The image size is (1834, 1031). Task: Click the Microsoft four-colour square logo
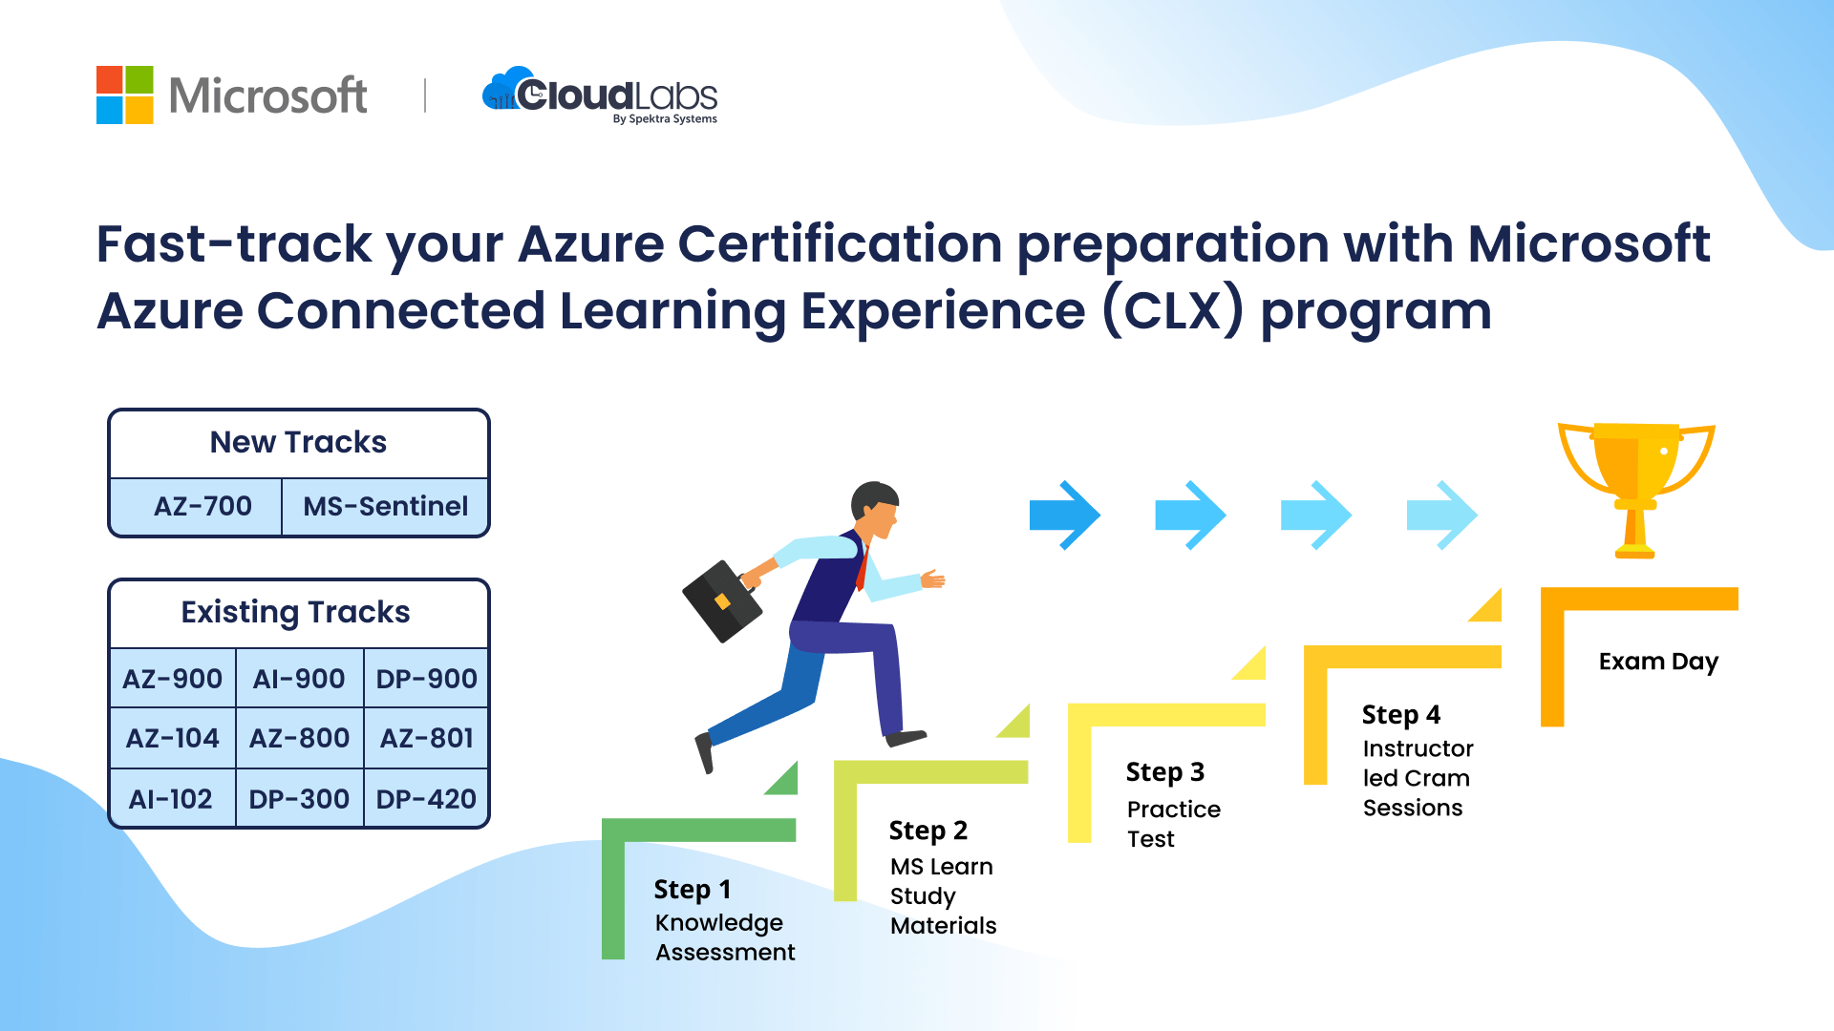(125, 95)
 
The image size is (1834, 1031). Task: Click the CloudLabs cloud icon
(508, 89)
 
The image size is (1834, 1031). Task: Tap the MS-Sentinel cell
(386, 506)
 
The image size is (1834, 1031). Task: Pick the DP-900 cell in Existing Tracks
(426, 679)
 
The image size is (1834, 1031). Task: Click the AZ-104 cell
(173, 738)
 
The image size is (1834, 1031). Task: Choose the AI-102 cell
(173, 798)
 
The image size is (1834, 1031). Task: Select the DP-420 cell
(426, 798)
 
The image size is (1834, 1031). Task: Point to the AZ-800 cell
(300, 738)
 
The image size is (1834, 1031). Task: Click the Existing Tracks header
(296, 612)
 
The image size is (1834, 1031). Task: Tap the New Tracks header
(298, 442)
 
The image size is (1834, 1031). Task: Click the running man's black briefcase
(722, 600)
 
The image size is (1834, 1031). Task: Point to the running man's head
(875, 509)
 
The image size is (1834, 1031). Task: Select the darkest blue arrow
(1065, 515)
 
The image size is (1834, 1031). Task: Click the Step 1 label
(693, 890)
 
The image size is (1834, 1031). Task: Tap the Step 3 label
(1165, 771)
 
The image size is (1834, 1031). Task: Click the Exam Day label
(1658, 662)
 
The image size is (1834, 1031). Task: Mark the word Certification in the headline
(840, 243)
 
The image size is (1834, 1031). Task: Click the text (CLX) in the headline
(1173, 311)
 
